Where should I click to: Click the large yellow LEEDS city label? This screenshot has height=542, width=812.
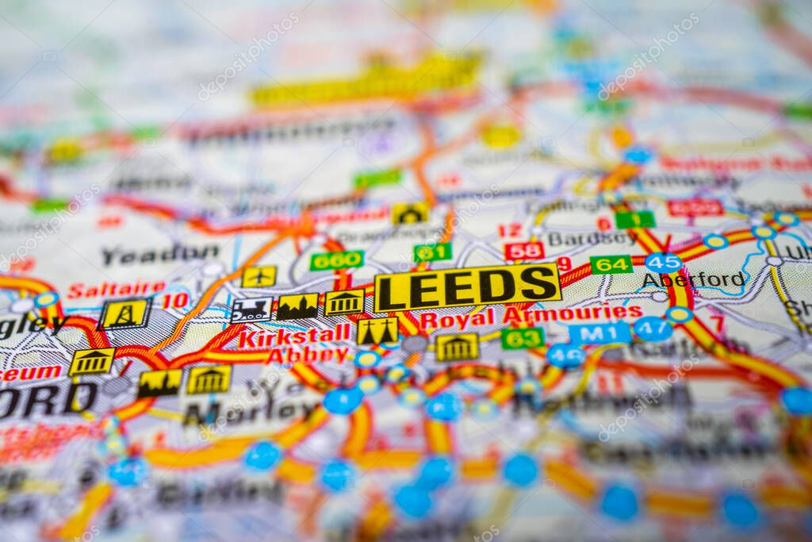coord(467,286)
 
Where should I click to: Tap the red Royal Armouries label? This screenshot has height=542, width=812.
coord(530,315)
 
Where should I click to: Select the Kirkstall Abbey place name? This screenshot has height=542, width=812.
coord(294,344)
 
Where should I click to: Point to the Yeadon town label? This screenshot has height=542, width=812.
coord(159,255)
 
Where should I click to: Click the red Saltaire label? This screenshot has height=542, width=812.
coord(116,289)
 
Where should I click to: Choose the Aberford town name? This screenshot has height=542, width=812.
coord(694,279)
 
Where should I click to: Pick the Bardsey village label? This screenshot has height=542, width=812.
coord(592,238)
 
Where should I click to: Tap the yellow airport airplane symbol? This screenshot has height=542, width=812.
coord(259,276)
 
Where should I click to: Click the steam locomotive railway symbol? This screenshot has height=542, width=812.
coord(251,309)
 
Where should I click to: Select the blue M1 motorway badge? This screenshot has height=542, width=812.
coord(599,333)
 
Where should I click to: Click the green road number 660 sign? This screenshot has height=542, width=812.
coord(336,259)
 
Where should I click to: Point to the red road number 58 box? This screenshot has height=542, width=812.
coord(524,251)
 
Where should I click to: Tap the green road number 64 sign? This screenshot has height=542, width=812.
coord(611,264)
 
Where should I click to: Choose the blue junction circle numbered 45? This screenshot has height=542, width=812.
coord(663,263)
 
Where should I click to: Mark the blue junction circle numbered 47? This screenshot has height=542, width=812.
coord(653,329)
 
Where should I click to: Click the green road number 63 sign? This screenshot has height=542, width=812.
coord(522,338)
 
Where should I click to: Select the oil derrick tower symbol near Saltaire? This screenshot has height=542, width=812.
coord(124,314)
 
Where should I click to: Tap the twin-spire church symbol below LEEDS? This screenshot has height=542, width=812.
coord(377,331)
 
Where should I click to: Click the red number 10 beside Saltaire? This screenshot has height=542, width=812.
coord(175,301)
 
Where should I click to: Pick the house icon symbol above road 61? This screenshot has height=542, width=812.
coord(410,213)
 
